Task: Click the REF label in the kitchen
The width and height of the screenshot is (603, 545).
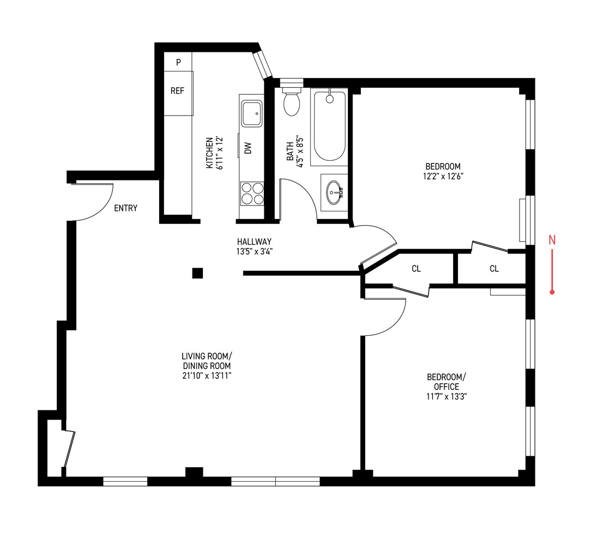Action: [178, 91]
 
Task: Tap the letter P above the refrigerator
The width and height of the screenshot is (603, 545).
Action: [178, 62]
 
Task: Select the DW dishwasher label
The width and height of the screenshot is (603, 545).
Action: [248, 147]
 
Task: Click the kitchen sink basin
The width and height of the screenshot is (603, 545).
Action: [251, 113]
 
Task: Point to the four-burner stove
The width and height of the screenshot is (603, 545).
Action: [251, 193]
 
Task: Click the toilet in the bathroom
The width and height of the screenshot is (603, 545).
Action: [292, 102]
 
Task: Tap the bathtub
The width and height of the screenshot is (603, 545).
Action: [329, 126]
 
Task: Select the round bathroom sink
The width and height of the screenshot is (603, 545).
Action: [334, 192]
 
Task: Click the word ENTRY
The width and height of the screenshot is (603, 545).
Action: [125, 208]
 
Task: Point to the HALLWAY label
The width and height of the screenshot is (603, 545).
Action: [254, 241]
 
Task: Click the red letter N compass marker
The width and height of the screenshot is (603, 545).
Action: [552, 239]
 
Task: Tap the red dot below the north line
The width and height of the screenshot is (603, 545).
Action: [552, 293]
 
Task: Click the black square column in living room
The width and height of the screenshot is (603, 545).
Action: [197, 273]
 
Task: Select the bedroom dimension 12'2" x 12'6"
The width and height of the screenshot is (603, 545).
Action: [443, 176]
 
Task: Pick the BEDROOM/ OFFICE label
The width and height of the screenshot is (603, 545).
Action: [447, 381]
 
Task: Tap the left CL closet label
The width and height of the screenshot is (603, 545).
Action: [416, 269]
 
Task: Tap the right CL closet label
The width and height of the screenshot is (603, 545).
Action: [494, 269]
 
